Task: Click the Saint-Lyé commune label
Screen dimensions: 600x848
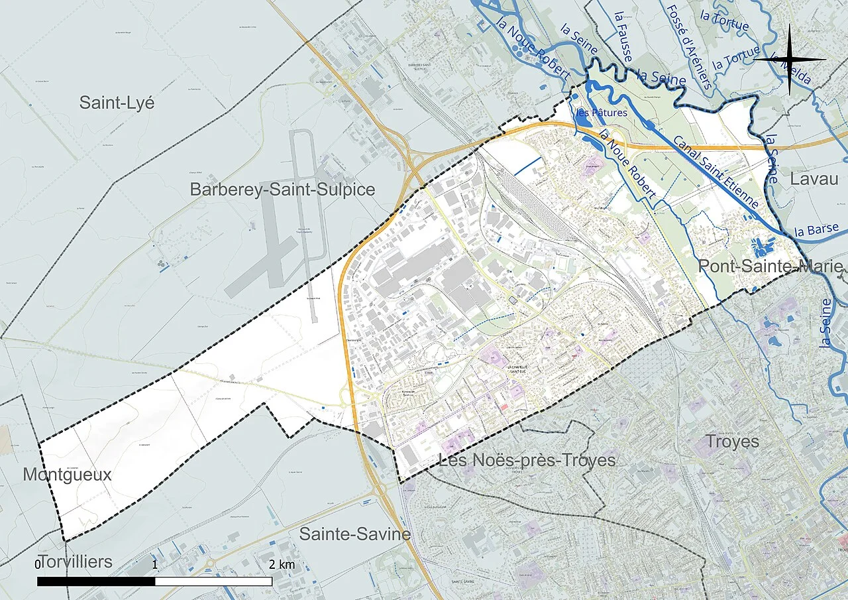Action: click(x=117, y=103)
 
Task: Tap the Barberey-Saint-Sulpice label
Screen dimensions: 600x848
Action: click(x=282, y=190)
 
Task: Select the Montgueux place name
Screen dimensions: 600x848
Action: click(x=67, y=475)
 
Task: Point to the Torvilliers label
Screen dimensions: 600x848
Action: click(x=75, y=562)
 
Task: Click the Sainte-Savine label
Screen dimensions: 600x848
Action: click(x=355, y=534)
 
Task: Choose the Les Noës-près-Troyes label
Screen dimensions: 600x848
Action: click(x=527, y=460)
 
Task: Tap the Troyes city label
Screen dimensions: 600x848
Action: click(x=732, y=442)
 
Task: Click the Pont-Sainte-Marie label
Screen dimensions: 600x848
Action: click(x=771, y=267)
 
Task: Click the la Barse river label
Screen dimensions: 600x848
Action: click(x=816, y=231)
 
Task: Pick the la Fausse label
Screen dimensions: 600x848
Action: click(x=623, y=36)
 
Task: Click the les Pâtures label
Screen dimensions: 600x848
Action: click(x=602, y=113)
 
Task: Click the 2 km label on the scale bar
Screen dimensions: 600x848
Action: click(x=282, y=565)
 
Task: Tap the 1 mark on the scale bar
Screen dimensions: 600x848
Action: click(x=155, y=565)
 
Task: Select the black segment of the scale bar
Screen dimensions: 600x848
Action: click(x=96, y=581)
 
